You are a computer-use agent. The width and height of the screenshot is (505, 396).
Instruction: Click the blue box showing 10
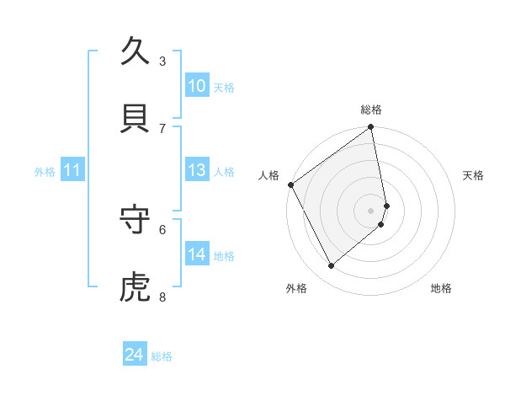tap(197, 86)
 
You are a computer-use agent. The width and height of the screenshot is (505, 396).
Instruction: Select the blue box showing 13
tap(197, 170)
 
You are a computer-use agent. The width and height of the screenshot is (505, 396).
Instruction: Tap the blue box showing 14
tap(197, 254)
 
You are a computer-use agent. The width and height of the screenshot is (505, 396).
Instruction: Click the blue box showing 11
tap(72, 170)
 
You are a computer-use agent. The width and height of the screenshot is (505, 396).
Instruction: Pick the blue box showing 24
tap(135, 355)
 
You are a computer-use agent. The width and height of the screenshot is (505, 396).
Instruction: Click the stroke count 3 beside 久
tap(162, 62)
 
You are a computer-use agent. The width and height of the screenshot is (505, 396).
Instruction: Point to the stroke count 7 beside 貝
tap(162, 128)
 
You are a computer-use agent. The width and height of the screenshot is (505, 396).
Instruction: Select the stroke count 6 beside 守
tap(162, 228)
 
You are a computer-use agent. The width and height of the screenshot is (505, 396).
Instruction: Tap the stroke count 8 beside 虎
tap(162, 297)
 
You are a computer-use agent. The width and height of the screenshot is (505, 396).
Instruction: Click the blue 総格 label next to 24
tap(162, 356)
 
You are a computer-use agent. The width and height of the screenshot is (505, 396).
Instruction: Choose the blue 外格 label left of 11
tap(45, 172)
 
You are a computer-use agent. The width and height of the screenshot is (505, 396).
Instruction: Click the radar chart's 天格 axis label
tap(473, 175)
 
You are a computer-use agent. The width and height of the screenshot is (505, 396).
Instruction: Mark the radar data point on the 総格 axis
tap(371, 128)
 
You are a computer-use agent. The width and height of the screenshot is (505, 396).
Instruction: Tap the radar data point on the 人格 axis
tap(290, 185)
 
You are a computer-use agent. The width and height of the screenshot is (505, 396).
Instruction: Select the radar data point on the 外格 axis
tap(332, 265)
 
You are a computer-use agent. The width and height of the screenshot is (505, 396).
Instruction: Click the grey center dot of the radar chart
tap(371, 210)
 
